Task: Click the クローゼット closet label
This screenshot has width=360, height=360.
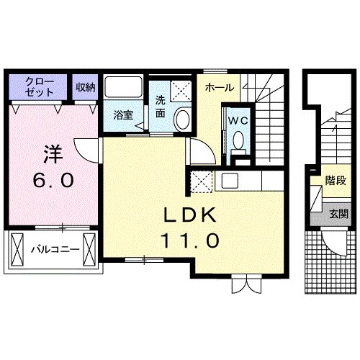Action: [x=37, y=86]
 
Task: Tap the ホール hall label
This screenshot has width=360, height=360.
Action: [x=218, y=87]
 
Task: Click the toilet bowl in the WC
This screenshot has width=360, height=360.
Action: [x=238, y=141]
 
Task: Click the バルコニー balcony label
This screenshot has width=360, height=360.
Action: [x=53, y=251]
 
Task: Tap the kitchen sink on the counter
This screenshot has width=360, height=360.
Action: [x=232, y=181]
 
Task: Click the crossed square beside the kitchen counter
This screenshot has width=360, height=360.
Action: [x=201, y=181]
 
